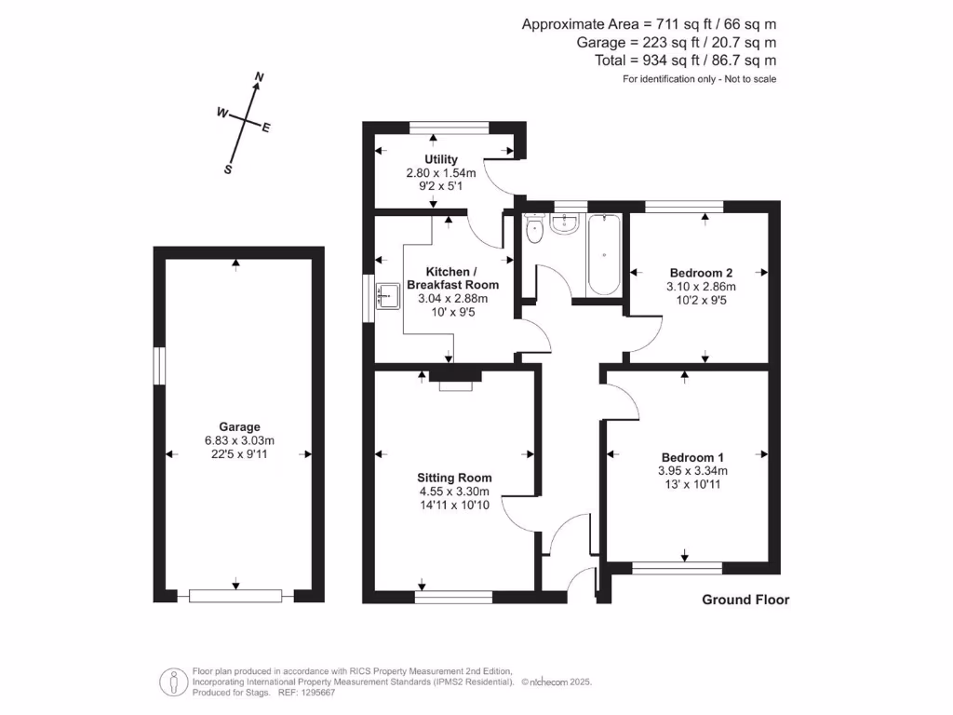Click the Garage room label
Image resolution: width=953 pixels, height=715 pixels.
[x=239, y=426]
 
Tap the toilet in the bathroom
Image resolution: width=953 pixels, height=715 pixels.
[x=533, y=228]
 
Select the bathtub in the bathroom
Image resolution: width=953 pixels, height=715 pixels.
[x=603, y=254]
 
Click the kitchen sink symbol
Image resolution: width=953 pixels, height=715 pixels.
[x=388, y=296]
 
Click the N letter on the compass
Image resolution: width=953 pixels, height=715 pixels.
[x=260, y=77]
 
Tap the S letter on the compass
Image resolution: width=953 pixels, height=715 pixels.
[x=228, y=169]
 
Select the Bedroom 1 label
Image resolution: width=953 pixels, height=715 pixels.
[x=692, y=457]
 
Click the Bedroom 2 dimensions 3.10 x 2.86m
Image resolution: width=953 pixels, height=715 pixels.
[x=702, y=287]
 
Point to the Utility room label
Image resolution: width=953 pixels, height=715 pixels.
[x=441, y=159]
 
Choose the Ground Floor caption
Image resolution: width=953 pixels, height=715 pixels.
[x=745, y=600]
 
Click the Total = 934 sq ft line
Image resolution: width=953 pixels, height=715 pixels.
[x=686, y=61]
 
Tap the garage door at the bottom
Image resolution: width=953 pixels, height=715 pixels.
[x=235, y=596]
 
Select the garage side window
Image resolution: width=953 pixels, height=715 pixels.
[x=159, y=365]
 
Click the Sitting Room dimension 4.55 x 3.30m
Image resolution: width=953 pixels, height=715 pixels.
[x=454, y=492]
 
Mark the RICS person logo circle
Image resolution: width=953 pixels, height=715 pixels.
[x=174, y=682]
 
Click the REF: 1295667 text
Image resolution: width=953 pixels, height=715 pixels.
[x=307, y=693]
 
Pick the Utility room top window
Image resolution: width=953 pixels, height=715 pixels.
[x=450, y=128]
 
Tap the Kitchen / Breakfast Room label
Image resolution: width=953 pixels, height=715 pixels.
[x=453, y=277]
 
